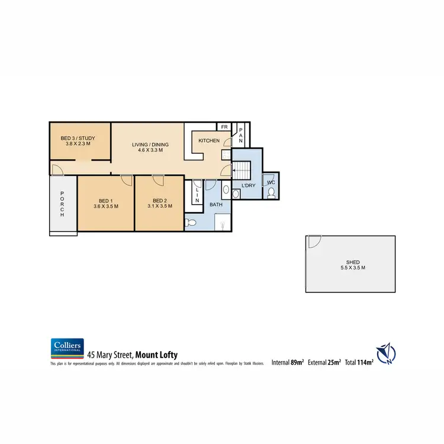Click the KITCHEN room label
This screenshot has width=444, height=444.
tap(209, 141)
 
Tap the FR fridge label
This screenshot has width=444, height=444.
tap(224, 127)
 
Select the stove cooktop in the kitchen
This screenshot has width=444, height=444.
tap(226, 155)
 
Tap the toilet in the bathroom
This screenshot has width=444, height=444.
tap(190, 223)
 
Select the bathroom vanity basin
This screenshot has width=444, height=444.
tap(226, 191)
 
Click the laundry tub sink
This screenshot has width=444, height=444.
tap(236, 194)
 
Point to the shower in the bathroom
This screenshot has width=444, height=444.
tap(220, 223)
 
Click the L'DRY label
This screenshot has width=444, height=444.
tap(249, 186)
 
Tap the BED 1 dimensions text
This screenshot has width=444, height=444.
tap(106, 207)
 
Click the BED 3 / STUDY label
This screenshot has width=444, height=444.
tap(78, 139)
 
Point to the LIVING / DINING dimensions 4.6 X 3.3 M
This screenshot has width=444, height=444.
tap(147, 150)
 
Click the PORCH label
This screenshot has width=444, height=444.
tap(62, 205)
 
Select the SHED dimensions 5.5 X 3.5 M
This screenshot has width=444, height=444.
tap(353, 268)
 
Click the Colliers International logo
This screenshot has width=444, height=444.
tap(67, 348)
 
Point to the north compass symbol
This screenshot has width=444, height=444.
tap(386, 353)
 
